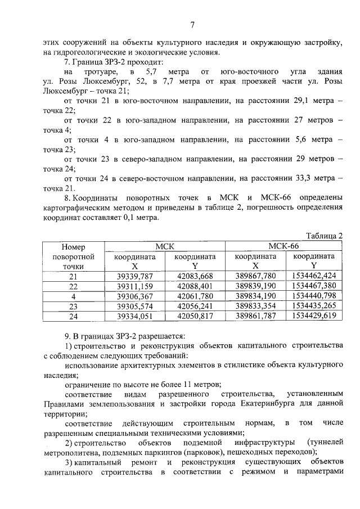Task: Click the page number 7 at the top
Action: click(192, 25)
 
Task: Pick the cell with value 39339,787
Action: click(134, 276)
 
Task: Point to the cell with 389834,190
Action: click(255, 296)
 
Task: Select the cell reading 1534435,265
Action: click(313, 306)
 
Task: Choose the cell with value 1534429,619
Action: click(313, 316)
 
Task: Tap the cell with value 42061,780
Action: click(194, 296)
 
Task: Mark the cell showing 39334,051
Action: click(134, 316)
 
